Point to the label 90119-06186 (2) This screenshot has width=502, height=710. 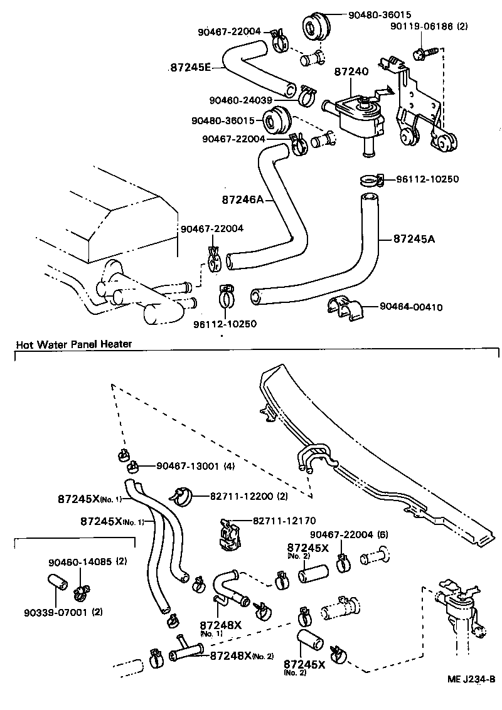tap(429, 26)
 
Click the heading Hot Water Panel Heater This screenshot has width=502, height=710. tap(73, 344)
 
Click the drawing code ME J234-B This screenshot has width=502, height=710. tap(471, 679)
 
